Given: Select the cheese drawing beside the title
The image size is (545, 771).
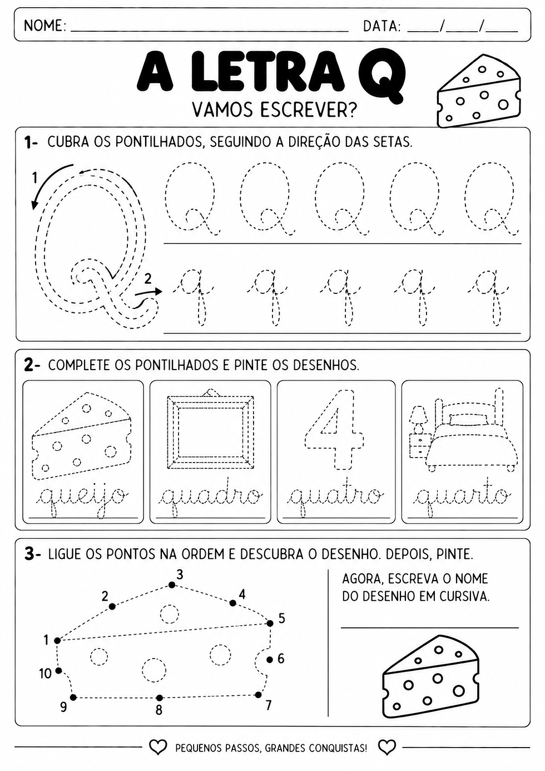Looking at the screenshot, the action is [x=479, y=91].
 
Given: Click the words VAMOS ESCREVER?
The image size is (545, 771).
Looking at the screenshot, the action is [x=274, y=110].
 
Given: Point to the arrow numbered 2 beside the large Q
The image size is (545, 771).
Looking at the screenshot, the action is [x=148, y=292].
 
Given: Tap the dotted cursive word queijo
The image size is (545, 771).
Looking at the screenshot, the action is [x=84, y=497].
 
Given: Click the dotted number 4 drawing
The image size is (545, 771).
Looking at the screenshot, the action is [x=334, y=429].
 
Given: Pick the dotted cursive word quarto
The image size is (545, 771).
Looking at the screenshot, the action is [x=463, y=497].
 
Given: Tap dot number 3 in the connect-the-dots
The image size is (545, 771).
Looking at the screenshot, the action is [x=171, y=585].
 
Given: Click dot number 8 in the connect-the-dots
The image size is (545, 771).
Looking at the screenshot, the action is [x=159, y=698].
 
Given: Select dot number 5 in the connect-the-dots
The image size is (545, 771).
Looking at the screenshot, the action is [x=270, y=623].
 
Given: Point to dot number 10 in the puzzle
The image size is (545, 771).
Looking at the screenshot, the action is [x=58, y=670].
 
